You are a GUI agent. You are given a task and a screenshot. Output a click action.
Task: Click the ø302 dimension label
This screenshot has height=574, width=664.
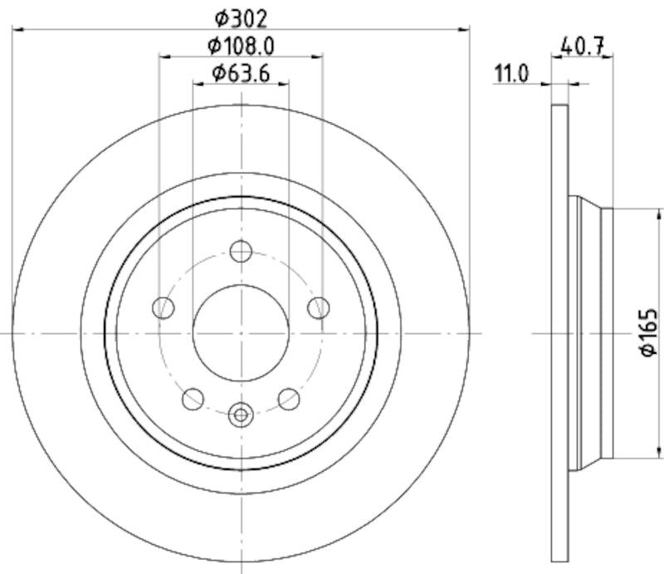242,16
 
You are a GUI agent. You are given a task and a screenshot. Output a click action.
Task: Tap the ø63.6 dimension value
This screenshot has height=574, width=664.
241,72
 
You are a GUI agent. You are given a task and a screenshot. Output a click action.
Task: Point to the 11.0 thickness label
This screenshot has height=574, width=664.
511,74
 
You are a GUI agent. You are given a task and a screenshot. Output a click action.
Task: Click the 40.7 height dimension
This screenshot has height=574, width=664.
582,47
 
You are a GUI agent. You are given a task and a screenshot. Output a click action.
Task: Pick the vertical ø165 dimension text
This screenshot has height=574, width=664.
648,332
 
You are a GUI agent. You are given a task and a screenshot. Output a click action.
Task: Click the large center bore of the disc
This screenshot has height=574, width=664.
241,332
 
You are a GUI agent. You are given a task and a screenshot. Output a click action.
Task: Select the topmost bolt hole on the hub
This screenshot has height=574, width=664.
241,251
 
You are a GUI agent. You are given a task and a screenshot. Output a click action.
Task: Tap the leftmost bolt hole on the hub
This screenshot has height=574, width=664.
164,308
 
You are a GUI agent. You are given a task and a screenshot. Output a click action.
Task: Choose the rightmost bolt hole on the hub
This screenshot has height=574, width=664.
318,308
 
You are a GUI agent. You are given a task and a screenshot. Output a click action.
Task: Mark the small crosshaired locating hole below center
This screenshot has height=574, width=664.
241,412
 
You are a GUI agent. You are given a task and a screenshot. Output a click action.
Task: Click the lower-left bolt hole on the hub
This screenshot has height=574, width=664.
193,399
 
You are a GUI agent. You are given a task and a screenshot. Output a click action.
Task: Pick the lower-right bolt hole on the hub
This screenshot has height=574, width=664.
288,399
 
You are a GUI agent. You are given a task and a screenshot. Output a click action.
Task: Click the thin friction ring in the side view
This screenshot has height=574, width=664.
560,332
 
